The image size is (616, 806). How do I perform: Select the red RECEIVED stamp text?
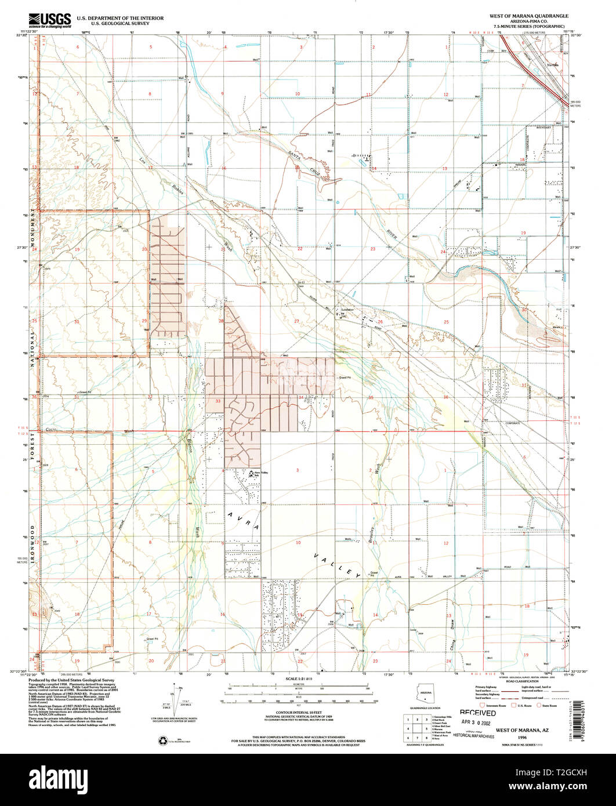(478, 713)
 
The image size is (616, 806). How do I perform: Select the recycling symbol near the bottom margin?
(162, 740)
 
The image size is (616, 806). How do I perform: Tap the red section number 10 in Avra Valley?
(298, 543)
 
